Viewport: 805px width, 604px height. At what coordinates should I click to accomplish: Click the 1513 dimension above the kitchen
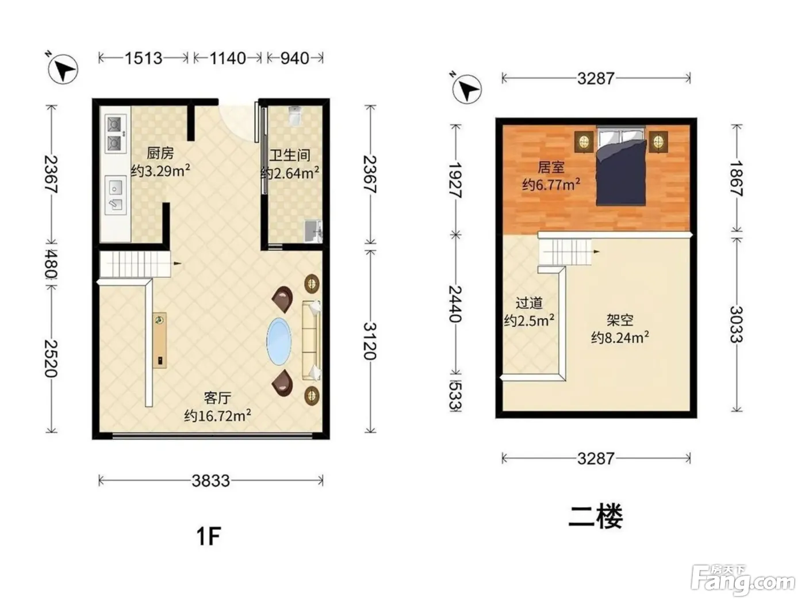(143, 58)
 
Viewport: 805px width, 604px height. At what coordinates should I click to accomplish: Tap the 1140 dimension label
(227, 58)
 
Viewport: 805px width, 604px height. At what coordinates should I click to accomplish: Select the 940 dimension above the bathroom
(295, 58)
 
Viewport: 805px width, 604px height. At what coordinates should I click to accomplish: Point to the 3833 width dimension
(211, 480)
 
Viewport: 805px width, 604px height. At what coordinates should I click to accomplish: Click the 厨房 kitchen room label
(160, 153)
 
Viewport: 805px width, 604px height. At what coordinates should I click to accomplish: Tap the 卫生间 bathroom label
(290, 155)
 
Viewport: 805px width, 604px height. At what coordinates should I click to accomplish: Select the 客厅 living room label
(217, 397)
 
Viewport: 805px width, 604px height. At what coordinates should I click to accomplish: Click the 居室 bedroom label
(551, 167)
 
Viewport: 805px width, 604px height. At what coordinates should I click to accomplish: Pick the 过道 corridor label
(529, 303)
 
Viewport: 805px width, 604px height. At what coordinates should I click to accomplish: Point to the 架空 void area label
(620, 320)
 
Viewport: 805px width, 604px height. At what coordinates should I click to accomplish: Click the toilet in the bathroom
(295, 116)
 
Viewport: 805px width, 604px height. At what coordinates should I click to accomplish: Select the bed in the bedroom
(620, 166)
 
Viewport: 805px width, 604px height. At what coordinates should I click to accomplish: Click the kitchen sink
(116, 195)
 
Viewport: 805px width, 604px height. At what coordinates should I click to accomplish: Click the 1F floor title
(209, 536)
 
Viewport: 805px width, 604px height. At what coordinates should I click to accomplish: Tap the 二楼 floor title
(596, 517)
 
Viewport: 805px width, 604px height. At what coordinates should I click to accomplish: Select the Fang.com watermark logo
(743, 580)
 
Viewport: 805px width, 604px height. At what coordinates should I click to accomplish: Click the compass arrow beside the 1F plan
(63, 69)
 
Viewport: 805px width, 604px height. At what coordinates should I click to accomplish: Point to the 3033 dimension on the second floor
(737, 324)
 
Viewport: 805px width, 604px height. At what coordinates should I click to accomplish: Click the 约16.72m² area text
(217, 415)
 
